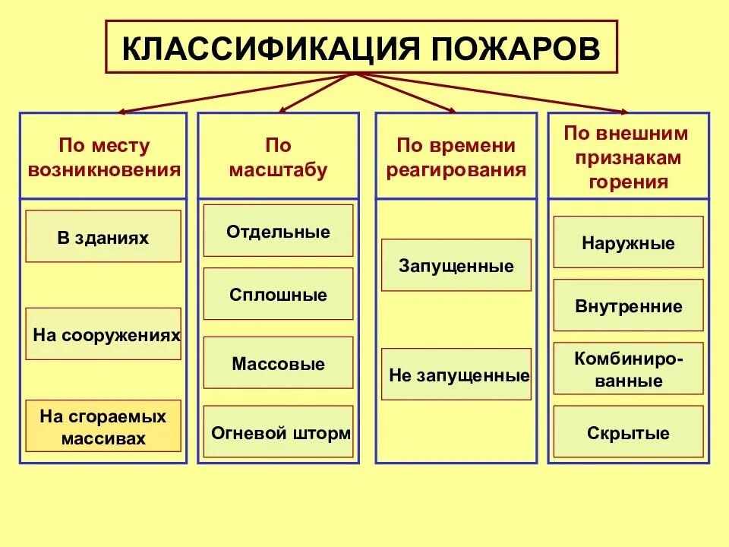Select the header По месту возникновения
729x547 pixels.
tap(104, 157)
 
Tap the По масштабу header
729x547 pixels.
tap(278, 157)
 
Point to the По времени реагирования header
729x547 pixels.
tap(456, 157)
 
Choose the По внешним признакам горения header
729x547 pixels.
tap(627, 157)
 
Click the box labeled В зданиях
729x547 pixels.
tap(103, 237)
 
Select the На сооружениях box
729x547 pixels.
tap(103, 334)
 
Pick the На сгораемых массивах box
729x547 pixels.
tap(103, 426)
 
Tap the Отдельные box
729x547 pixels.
tap(278, 231)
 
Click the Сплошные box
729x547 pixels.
tap(278, 294)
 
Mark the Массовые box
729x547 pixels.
tap(278, 363)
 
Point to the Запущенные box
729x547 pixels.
tap(456, 266)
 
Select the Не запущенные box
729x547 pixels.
tap(456, 375)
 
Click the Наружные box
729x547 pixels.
tap(628, 243)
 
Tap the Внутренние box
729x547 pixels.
tap(628, 306)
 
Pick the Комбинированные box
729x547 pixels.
tap(628, 369)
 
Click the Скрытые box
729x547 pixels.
tap(628, 433)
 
